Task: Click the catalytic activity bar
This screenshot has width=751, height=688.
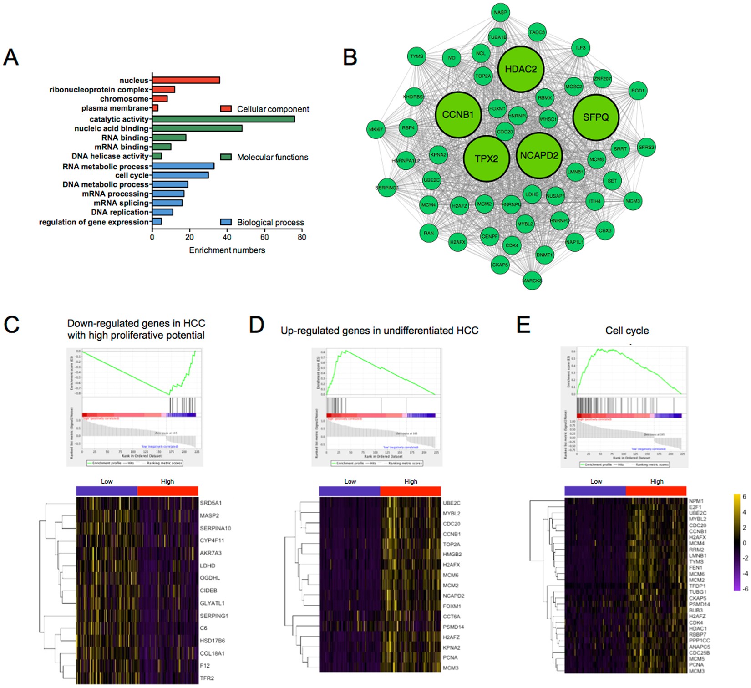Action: (223, 119)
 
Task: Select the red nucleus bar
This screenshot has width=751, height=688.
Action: (186, 80)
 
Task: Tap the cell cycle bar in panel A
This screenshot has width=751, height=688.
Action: (180, 175)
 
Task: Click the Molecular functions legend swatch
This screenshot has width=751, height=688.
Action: (226, 157)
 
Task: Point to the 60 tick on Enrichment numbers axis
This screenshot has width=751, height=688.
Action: (264, 237)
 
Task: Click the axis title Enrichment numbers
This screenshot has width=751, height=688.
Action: (227, 250)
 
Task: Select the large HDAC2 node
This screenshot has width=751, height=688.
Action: (521, 69)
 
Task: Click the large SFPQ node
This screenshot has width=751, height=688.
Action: (595, 117)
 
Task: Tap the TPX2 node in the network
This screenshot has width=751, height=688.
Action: (486, 158)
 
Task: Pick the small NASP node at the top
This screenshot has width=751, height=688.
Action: (500, 12)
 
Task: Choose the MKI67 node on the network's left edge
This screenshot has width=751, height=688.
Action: (376, 129)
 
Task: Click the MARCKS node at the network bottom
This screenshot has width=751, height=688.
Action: (532, 280)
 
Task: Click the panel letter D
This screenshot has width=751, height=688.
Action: (257, 325)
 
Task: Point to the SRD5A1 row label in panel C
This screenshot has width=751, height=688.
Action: (211, 503)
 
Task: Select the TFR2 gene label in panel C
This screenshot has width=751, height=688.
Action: (207, 678)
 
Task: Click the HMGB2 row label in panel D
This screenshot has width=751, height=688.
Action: (452, 555)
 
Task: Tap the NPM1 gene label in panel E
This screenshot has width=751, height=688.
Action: (696, 501)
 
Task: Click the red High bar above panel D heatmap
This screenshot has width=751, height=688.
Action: (410, 491)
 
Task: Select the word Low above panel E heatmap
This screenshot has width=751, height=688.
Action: (596, 481)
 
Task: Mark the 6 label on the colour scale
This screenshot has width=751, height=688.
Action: (744, 497)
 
